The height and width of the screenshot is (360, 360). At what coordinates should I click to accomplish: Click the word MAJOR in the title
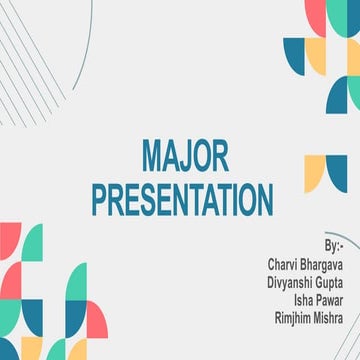(185, 155)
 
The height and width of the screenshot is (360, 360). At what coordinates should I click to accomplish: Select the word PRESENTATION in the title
(183, 199)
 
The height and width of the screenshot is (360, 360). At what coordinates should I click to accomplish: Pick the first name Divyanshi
(289, 283)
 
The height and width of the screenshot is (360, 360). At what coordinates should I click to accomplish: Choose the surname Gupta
(329, 283)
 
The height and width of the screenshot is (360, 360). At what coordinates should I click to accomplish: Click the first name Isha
(305, 300)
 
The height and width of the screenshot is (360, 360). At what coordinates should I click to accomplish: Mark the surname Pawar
(331, 300)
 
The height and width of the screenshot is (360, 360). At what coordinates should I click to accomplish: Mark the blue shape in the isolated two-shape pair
(337, 170)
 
